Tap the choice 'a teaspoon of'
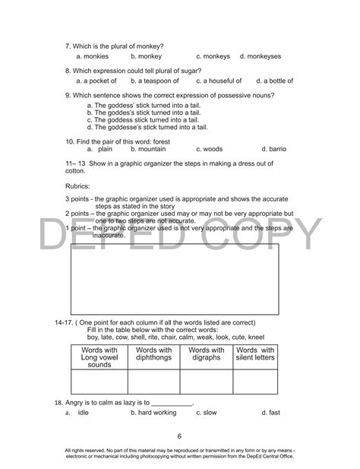pos(157,80)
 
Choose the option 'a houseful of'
pos(222,80)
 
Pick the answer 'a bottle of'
pos(278,80)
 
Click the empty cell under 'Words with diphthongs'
pos(153,381)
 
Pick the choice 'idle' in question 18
pos(84,413)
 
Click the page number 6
pos(180,436)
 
